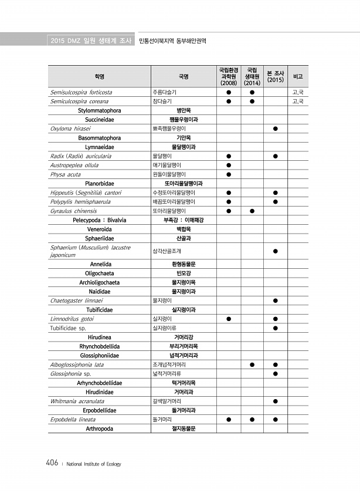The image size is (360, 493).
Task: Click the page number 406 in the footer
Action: [x=51, y=463]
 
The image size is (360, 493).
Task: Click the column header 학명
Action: [x=99, y=76]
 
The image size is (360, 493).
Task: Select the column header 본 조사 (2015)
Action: [x=275, y=76]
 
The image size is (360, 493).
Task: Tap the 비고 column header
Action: [x=298, y=76]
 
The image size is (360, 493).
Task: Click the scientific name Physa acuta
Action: [x=66, y=174]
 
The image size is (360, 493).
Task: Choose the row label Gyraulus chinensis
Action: [x=73, y=210]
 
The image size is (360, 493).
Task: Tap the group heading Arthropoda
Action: [x=99, y=428]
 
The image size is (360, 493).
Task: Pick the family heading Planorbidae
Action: [x=99, y=183]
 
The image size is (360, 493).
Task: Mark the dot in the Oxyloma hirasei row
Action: [x=275, y=128]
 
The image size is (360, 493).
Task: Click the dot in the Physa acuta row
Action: [x=229, y=174]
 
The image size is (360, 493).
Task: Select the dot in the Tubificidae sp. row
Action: [x=275, y=327]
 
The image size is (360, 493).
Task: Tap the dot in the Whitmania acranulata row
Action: [x=275, y=401]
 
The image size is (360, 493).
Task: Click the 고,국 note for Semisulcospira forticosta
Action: [x=297, y=92]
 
